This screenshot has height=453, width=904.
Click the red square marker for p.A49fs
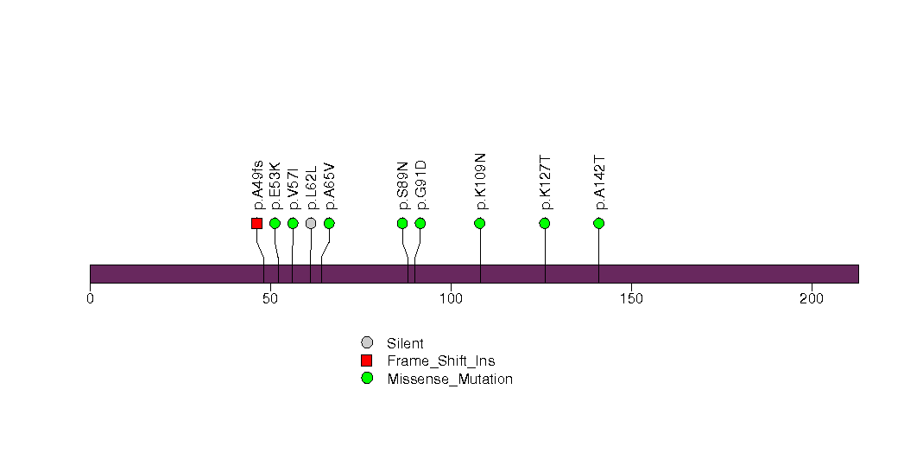pos(257,223)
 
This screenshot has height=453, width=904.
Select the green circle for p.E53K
pos(275,223)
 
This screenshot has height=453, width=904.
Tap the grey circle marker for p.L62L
pos(311,223)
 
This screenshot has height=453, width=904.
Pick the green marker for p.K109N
pos(480,223)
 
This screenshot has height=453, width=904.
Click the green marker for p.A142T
pos(598,223)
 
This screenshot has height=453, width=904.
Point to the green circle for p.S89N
pos(402,223)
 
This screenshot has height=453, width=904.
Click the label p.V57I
pos(294,188)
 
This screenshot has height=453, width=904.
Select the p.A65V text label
pos(330,187)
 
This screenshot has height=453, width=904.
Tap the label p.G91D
pos(420,185)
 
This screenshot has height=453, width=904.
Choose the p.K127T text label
pos(545,183)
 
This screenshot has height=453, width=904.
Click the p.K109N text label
pos(480,182)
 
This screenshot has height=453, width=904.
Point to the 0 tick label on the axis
pos(90,299)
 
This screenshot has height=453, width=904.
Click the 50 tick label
pos(270,299)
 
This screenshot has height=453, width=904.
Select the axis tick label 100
pos(451,299)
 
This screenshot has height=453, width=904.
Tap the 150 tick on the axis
pos(631,299)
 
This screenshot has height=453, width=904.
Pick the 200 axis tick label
pos(812,299)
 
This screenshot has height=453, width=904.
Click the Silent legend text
pos(405,343)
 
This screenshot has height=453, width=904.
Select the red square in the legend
pos(367,360)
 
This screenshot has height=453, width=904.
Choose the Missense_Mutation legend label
pos(450,380)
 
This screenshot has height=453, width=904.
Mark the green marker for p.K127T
pos(544,223)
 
